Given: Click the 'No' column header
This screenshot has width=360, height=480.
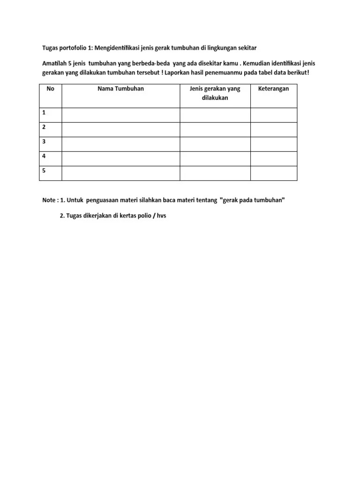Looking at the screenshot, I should click(x=50, y=89).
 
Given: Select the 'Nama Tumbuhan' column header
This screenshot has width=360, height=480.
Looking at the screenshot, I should click(x=120, y=89).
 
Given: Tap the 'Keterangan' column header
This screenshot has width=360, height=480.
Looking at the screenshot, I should click(x=274, y=89).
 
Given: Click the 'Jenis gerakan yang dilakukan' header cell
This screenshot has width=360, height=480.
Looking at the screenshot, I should click(x=215, y=93).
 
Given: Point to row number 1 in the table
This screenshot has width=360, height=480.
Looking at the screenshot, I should click(x=44, y=112).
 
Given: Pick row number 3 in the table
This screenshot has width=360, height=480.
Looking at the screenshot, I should click(x=44, y=142).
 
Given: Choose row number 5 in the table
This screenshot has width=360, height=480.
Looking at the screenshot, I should click(x=44, y=171).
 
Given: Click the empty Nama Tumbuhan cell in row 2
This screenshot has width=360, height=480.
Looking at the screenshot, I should click(x=120, y=129).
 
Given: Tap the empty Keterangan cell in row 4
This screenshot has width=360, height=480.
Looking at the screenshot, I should click(x=274, y=158).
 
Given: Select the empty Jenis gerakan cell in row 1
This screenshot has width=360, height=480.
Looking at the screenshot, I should click(x=215, y=115).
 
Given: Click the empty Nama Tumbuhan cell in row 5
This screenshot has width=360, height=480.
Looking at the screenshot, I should click(x=120, y=173).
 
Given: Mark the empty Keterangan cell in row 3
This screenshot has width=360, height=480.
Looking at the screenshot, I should click(x=274, y=144).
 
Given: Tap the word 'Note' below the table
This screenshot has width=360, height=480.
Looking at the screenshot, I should click(x=49, y=200).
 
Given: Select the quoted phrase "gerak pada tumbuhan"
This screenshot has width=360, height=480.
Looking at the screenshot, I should click(x=252, y=200).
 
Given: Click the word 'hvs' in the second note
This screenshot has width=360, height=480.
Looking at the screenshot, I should click(x=161, y=217).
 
